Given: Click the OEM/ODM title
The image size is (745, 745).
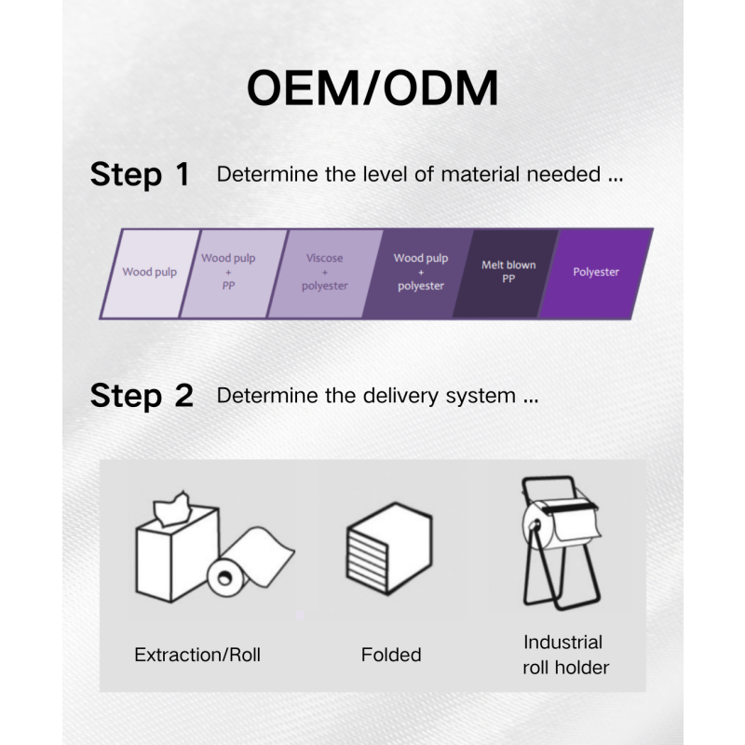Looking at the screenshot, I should (372, 88).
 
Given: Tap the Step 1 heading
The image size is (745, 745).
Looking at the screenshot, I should (140, 174).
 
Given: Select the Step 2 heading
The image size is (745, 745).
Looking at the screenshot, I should (142, 396).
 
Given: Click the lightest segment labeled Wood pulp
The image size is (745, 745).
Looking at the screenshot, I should (149, 273).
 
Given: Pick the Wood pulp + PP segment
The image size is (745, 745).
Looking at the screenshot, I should (228, 273).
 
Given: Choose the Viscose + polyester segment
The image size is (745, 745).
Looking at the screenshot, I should (324, 273).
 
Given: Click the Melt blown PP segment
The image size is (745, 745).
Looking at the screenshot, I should (508, 272).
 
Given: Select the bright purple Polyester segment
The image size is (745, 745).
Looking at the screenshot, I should (596, 273).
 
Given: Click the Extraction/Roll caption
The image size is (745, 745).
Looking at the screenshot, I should (197, 655).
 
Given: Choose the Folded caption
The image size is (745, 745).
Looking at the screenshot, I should (391, 655).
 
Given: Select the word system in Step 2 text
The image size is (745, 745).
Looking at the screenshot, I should (482, 396).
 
